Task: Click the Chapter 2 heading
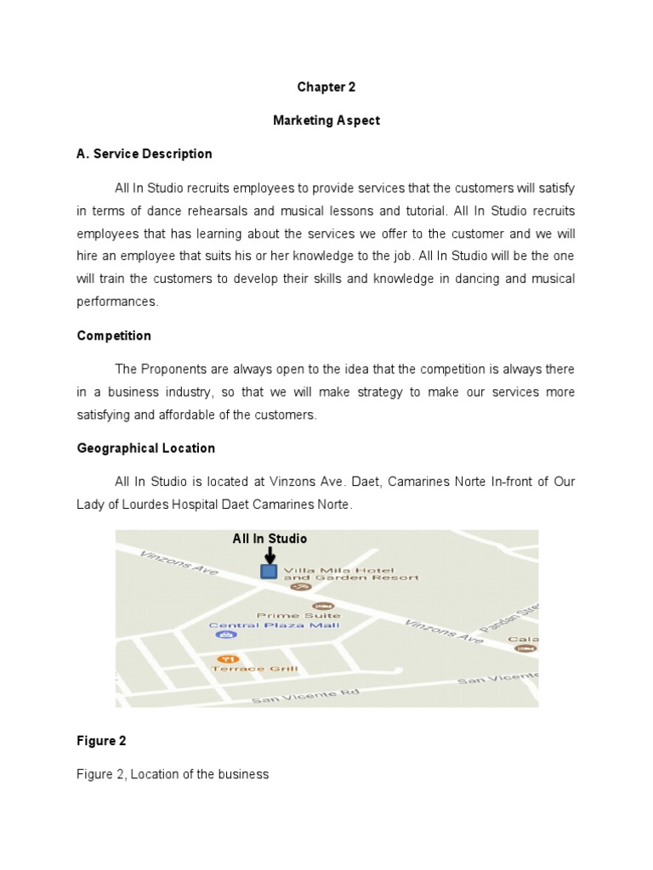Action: point(326,87)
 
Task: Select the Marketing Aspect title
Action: point(326,121)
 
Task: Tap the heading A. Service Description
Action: point(145,154)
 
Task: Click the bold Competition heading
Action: point(114,336)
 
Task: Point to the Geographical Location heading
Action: point(145,448)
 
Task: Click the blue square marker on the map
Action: point(269,571)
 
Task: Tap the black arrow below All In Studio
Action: point(270,554)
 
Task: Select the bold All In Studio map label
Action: point(270,539)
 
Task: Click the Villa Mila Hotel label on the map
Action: point(350,573)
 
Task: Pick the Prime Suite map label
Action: point(298,615)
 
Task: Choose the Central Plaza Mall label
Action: point(274,625)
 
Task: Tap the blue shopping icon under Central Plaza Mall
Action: point(225,635)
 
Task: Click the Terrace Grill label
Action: point(254,669)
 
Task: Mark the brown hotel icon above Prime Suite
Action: point(300,605)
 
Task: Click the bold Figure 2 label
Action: point(101,741)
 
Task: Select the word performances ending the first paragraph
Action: point(117,301)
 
